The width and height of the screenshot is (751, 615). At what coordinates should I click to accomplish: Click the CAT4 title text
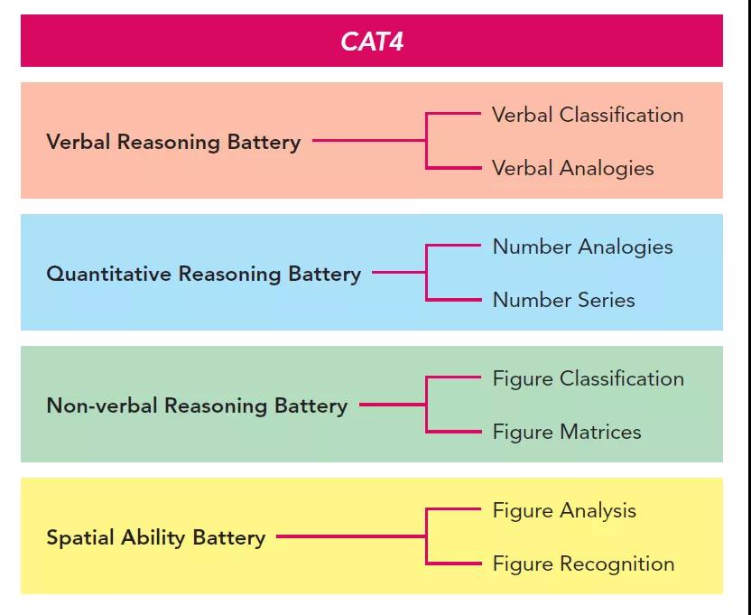point(372,42)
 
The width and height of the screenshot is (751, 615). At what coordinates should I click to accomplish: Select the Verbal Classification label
point(587,116)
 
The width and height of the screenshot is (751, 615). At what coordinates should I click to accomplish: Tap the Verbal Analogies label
point(572,168)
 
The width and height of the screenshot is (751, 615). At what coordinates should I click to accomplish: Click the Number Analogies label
point(582,247)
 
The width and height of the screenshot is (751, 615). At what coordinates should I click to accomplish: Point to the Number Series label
point(563,300)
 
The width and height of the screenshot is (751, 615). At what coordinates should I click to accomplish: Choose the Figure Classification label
point(588,379)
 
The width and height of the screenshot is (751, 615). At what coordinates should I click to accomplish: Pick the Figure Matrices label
point(567,432)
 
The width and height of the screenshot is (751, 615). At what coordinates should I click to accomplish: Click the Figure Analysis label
point(564,511)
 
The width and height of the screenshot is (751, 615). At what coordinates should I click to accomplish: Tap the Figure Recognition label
point(583,564)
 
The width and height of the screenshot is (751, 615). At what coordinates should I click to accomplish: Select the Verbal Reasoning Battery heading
point(173,143)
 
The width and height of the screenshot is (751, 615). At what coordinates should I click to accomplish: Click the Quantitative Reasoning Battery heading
point(203,275)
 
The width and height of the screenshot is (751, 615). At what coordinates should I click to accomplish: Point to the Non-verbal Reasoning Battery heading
point(197,406)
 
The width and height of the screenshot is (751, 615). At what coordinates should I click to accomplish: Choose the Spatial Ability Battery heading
point(155,538)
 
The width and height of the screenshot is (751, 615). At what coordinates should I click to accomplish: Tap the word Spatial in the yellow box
point(75,538)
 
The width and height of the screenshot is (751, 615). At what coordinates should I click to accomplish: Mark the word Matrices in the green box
point(600,432)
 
